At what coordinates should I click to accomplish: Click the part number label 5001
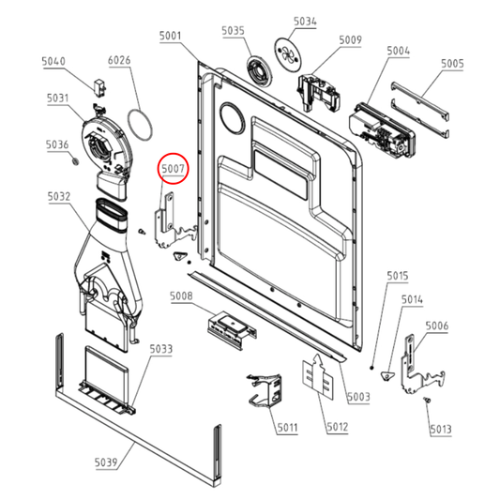tap(171, 36)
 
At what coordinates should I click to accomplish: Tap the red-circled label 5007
tap(174, 168)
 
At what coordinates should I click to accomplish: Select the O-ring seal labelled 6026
tap(140, 125)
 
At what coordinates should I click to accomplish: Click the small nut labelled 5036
tap(75, 161)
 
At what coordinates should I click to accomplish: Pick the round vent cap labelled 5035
tap(260, 71)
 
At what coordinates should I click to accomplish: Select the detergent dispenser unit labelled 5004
tap(382, 129)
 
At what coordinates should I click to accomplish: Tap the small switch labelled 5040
tap(100, 86)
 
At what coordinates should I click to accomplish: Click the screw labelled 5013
tap(427, 400)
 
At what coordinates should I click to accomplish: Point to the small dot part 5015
tap(371, 368)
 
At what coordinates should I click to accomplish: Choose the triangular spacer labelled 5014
tap(386, 375)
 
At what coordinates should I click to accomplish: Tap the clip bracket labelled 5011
tap(265, 390)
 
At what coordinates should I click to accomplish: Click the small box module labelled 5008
tap(232, 329)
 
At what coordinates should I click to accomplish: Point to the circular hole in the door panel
tap(232, 118)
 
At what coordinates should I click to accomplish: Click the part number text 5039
tap(106, 462)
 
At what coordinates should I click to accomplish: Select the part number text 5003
tap(358, 397)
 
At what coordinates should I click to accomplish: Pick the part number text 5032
tap(59, 196)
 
